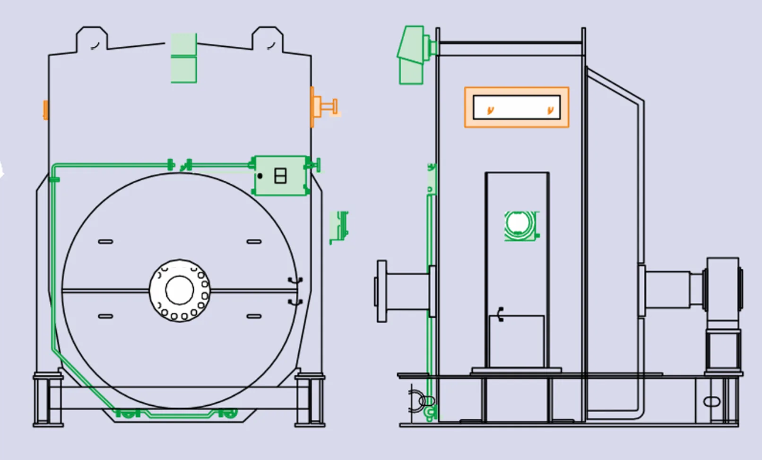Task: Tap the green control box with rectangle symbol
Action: (x=280, y=176)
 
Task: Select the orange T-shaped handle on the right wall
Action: (x=326, y=106)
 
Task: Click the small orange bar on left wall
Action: (x=45, y=110)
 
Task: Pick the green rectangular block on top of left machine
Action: (x=183, y=58)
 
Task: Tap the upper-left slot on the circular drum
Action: (x=105, y=242)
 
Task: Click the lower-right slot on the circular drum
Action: (x=254, y=316)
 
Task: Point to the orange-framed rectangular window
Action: (x=516, y=107)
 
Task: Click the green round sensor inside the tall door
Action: (x=520, y=225)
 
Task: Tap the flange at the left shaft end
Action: (x=381, y=291)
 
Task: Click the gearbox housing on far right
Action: (x=722, y=288)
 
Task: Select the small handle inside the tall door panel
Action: (x=501, y=314)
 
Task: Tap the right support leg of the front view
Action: (x=310, y=400)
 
